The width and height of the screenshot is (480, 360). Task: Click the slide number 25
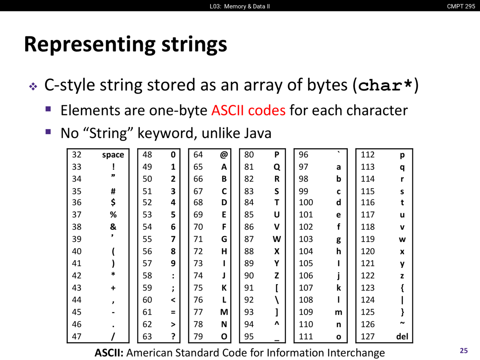[x=463, y=351]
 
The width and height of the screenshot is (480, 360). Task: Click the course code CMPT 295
[x=461, y=6]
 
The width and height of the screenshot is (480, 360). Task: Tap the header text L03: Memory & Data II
[x=240, y=6]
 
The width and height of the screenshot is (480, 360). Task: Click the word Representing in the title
[x=90, y=45]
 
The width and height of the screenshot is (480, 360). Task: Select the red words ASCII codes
[x=248, y=110]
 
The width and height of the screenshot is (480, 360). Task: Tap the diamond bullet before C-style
[x=33, y=86]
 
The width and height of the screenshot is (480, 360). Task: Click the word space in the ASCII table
[x=113, y=155]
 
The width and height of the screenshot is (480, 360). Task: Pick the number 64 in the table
[x=198, y=154]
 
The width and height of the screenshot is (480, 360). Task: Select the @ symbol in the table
[x=224, y=155]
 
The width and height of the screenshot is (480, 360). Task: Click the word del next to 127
[x=402, y=336]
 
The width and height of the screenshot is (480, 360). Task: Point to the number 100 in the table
[x=306, y=202]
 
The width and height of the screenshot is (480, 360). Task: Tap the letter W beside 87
[x=277, y=239]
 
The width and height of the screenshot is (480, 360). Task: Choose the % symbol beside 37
[x=113, y=214]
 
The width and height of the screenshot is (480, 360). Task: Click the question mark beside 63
[x=173, y=336]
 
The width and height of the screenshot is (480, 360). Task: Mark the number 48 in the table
[x=147, y=154]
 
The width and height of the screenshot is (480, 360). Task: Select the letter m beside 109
[x=339, y=312]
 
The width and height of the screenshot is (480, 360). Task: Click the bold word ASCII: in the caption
[x=109, y=352]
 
